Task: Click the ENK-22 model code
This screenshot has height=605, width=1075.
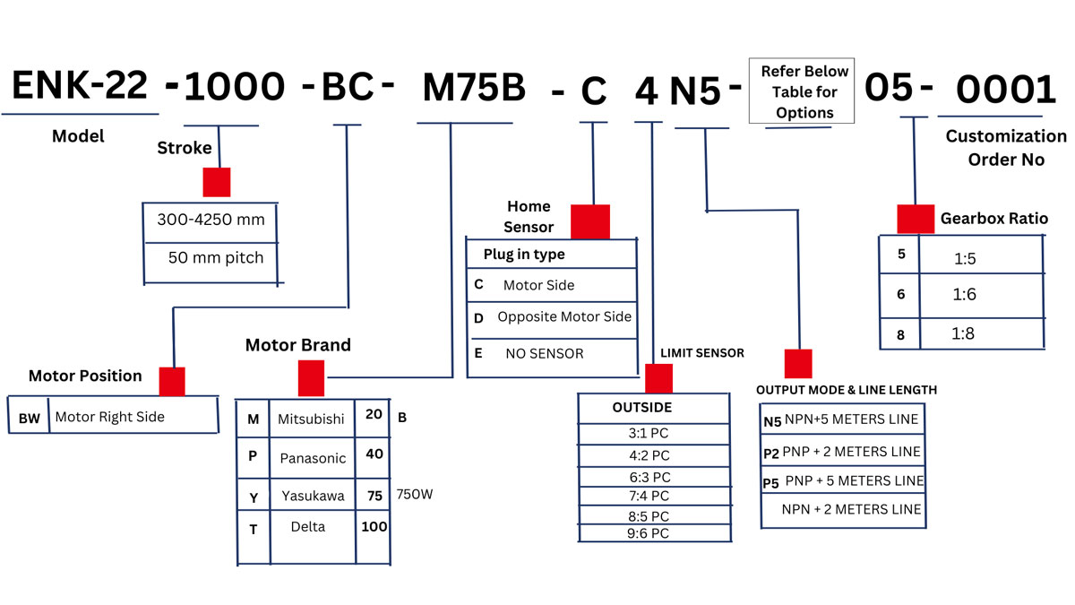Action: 79,87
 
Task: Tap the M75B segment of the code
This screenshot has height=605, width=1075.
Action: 473,87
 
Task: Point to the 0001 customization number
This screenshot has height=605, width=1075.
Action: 1006,90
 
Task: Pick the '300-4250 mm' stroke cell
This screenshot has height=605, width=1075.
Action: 211,220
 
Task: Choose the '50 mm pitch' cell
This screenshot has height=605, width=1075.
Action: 216,258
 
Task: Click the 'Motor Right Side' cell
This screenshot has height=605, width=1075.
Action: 110,417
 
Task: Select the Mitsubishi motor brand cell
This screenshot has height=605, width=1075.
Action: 311,419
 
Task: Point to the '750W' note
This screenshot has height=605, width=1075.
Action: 417,495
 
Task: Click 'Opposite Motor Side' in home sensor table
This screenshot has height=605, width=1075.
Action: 564,317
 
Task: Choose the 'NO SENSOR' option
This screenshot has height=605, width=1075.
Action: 544,354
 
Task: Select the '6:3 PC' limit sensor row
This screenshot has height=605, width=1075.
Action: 649,478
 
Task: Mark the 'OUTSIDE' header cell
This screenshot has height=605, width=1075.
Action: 642,408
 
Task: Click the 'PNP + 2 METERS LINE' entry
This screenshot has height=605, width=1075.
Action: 851,452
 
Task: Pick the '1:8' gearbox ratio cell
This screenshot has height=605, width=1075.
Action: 963,333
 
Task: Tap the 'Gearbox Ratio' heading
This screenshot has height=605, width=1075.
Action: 993,219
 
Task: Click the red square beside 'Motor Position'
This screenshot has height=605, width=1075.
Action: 172,381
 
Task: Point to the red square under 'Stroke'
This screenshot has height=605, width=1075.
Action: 217,182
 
